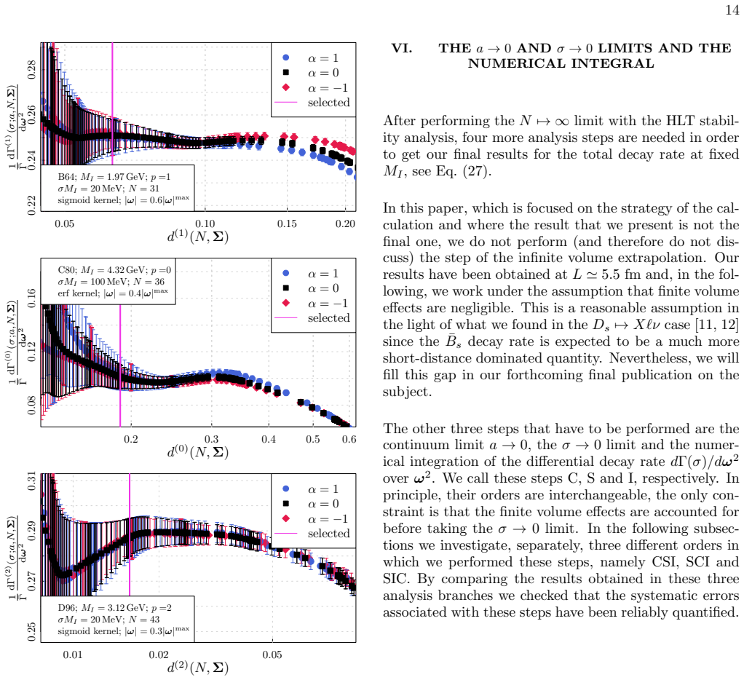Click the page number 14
732,10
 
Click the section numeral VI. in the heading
401,48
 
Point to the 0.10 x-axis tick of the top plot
205,224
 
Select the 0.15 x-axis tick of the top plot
287,224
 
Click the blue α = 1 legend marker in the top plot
286,58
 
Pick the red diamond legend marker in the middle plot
286,303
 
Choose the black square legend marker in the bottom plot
286,504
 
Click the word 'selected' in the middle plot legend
328,318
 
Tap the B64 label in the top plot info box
66,177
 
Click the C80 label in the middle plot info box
66,270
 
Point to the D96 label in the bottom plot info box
66,608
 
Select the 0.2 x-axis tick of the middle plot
131,439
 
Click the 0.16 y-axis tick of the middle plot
31,298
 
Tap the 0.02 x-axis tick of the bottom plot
159,655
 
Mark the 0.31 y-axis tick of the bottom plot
31,481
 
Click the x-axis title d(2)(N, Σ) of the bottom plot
198,668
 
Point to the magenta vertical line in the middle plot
120,366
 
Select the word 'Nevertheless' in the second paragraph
652,358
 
